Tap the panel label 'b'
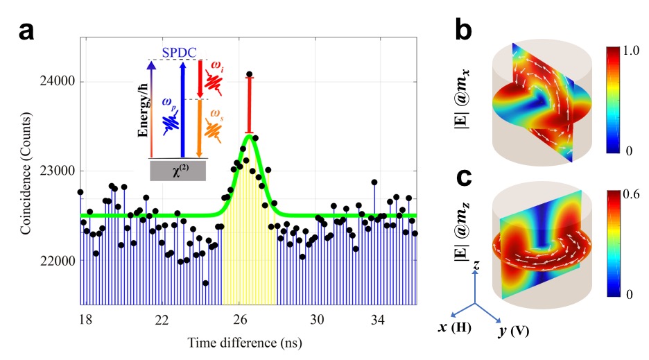(x=464, y=30)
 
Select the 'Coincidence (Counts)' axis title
(x=26, y=171)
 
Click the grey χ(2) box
(x=178, y=171)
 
